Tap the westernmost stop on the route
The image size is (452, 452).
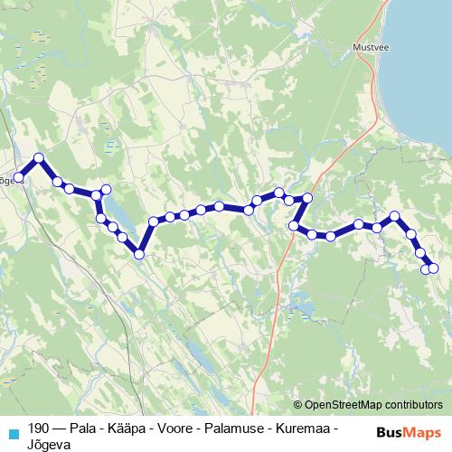pyautogui.click(x=17, y=177)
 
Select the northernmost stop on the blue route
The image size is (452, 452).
pyautogui.click(x=39, y=158)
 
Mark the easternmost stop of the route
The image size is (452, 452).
pyautogui.click(x=433, y=267)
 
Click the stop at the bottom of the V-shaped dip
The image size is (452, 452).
pyautogui.click(x=139, y=254)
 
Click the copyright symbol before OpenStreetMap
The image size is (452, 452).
pyautogui.click(x=298, y=405)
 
